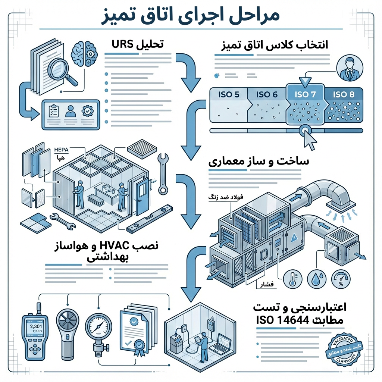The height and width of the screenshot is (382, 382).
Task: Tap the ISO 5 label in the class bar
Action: [228, 95]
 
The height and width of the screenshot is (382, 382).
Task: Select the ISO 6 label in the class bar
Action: [267, 95]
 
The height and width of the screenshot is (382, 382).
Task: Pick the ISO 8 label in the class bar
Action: [343, 95]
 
